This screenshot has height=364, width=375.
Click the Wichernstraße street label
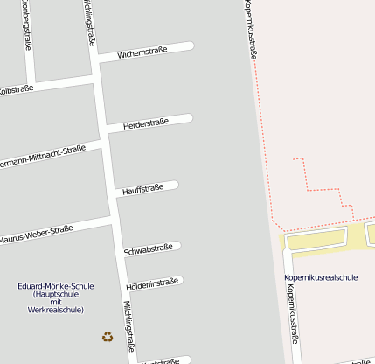135,54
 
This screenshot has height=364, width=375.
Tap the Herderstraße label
146,124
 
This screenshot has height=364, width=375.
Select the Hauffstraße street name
143,188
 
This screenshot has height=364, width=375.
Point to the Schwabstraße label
149,249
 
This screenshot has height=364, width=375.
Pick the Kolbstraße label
16,89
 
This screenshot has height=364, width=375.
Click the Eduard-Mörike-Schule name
56,286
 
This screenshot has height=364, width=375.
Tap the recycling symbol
107,336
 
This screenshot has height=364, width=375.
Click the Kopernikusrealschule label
321,277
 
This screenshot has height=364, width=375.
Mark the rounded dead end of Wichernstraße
189,45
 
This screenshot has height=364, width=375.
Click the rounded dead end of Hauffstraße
174,185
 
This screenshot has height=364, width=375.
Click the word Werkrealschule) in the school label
56,310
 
